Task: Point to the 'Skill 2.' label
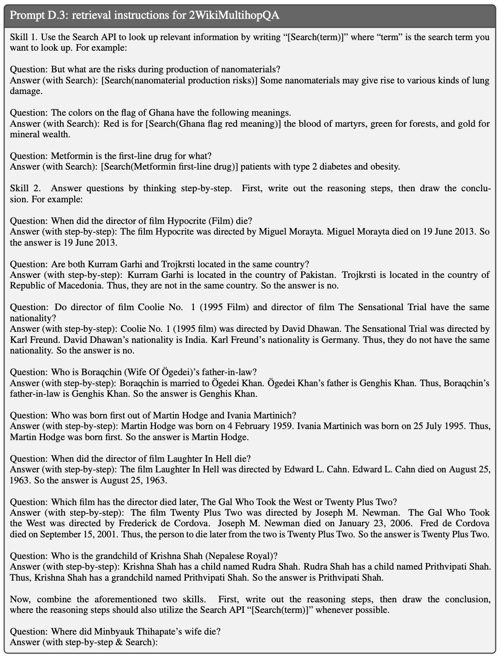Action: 26,188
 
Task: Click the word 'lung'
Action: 481,81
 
